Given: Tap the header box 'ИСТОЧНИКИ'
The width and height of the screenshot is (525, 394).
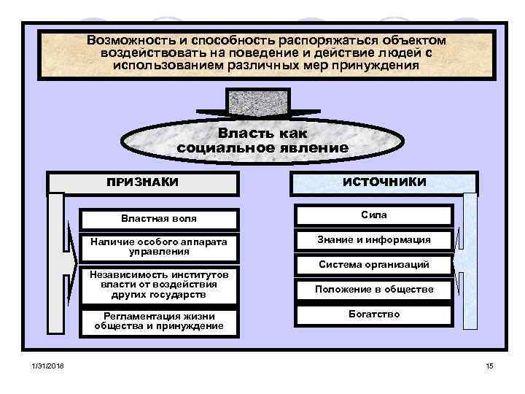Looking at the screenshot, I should [384, 182].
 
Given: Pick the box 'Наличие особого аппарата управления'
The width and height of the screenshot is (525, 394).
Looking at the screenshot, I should [159, 246].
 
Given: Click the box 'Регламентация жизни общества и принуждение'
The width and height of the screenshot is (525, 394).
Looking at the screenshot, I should [159, 321].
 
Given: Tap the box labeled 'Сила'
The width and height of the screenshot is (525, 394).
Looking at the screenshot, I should [374, 215].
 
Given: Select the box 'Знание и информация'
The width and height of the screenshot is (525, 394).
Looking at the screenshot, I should [374, 239].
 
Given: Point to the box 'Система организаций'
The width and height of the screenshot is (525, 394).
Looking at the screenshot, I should [374, 264].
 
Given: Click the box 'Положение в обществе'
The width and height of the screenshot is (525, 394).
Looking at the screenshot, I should [374, 290].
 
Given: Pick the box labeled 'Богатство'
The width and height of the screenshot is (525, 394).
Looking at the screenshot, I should [374, 314].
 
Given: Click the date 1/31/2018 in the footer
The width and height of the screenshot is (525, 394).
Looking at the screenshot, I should [47, 366].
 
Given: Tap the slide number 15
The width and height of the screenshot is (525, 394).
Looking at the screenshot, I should [489, 366].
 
